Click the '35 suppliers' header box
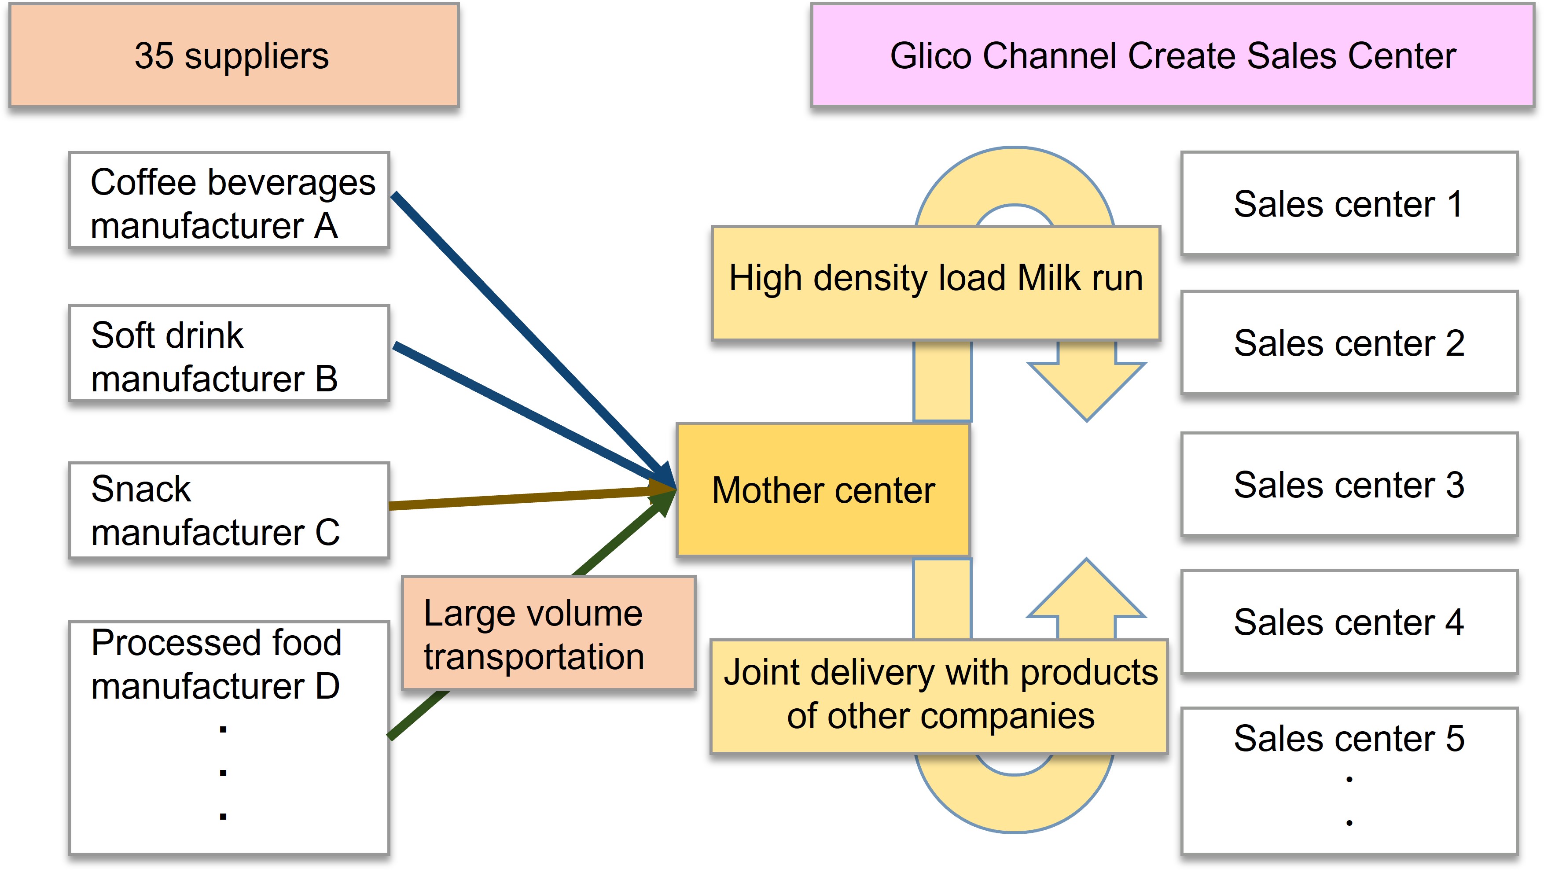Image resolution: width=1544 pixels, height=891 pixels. (x=234, y=55)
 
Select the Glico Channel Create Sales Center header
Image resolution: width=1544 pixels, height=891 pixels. (x=1172, y=55)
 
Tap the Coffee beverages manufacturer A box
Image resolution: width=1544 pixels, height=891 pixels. (x=229, y=201)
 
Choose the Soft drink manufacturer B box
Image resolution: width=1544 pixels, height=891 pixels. (x=229, y=353)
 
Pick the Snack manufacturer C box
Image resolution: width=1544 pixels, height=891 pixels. (x=229, y=510)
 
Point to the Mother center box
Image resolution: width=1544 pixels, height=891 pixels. (x=823, y=490)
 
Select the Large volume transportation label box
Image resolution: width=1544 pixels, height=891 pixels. (x=548, y=633)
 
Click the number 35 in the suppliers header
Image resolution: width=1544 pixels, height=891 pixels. (x=154, y=55)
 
